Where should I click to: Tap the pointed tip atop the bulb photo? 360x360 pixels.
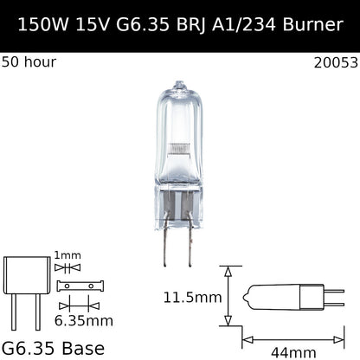[x=179, y=83]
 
